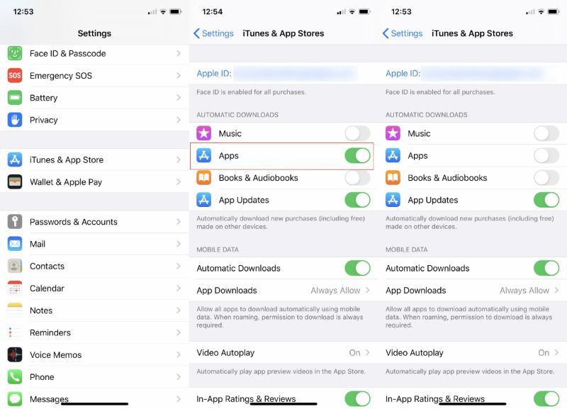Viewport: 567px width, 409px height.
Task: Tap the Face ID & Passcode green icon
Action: (x=15, y=54)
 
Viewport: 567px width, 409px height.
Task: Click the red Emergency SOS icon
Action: (x=15, y=76)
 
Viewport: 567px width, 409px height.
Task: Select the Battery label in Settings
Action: (x=43, y=98)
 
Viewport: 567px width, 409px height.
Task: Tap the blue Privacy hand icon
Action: (x=15, y=120)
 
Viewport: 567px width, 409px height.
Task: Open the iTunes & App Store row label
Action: (x=66, y=160)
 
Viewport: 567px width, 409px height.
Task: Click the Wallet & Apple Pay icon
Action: (x=15, y=182)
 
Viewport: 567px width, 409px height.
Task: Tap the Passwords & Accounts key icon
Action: (x=15, y=222)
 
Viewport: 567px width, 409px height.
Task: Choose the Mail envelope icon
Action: (x=15, y=244)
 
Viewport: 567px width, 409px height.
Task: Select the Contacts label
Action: (x=47, y=267)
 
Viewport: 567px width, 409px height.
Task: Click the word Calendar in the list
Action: (x=47, y=288)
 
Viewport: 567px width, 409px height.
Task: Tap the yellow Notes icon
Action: (x=15, y=310)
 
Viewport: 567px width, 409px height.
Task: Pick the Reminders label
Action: (x=50, y=333)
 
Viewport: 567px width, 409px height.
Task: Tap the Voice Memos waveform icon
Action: (x=15, y=355)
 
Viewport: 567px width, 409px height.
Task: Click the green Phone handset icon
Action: (x=15, y=377)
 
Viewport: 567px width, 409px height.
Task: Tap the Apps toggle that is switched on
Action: (x=357, y=156)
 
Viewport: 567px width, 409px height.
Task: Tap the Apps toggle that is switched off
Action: (x=546, y=156)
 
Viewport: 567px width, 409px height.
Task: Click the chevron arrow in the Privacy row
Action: (x=178, y=120)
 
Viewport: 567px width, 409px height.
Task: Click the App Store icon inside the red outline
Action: (x=204, y=156)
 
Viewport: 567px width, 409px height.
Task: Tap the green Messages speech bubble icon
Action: (x=15, y=399)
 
